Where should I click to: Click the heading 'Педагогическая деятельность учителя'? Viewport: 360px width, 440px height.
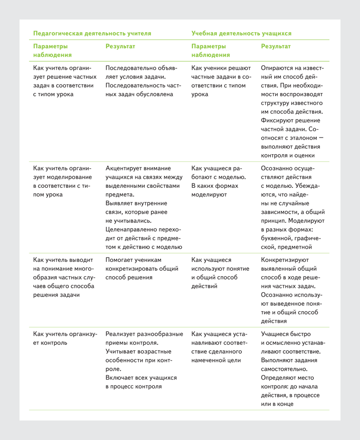92,34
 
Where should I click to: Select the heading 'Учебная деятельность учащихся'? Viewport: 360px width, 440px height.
241,34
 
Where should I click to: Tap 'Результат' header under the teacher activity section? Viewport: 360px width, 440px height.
120,46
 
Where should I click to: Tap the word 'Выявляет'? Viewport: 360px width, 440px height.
121,203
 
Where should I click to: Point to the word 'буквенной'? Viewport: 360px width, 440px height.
277,239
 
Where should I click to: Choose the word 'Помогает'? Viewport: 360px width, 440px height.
121,260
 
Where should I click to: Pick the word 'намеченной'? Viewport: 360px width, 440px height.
210,360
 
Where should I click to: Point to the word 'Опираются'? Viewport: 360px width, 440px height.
279,68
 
